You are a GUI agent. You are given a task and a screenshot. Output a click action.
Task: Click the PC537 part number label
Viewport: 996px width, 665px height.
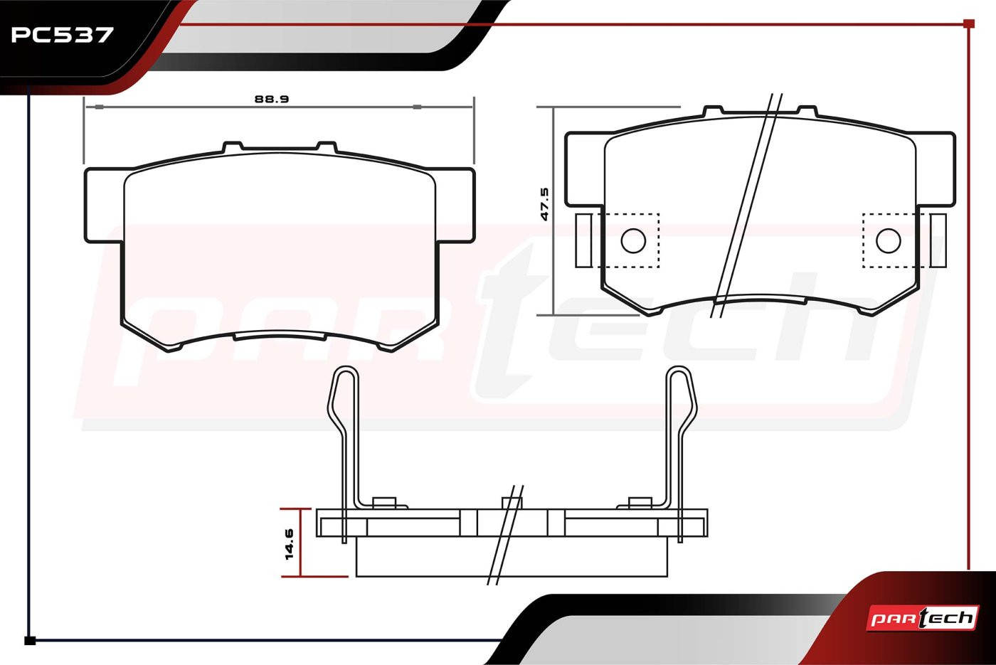point(62,35)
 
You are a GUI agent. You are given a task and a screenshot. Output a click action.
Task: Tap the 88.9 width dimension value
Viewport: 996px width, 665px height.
point(272,99)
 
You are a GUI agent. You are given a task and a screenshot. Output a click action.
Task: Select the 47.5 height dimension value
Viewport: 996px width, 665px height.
point(545,204)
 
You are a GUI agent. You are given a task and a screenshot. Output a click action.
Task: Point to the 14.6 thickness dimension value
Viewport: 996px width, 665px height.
point(289,543)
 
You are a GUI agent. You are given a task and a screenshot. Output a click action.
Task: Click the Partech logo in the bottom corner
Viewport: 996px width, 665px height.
point(923,618)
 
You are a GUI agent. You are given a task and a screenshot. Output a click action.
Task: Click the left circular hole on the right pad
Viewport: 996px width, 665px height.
point(633,241)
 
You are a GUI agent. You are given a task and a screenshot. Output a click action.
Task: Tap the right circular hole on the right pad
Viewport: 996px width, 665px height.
point(889,241)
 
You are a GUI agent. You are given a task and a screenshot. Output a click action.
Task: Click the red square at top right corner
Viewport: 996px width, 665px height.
point(969,23)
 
